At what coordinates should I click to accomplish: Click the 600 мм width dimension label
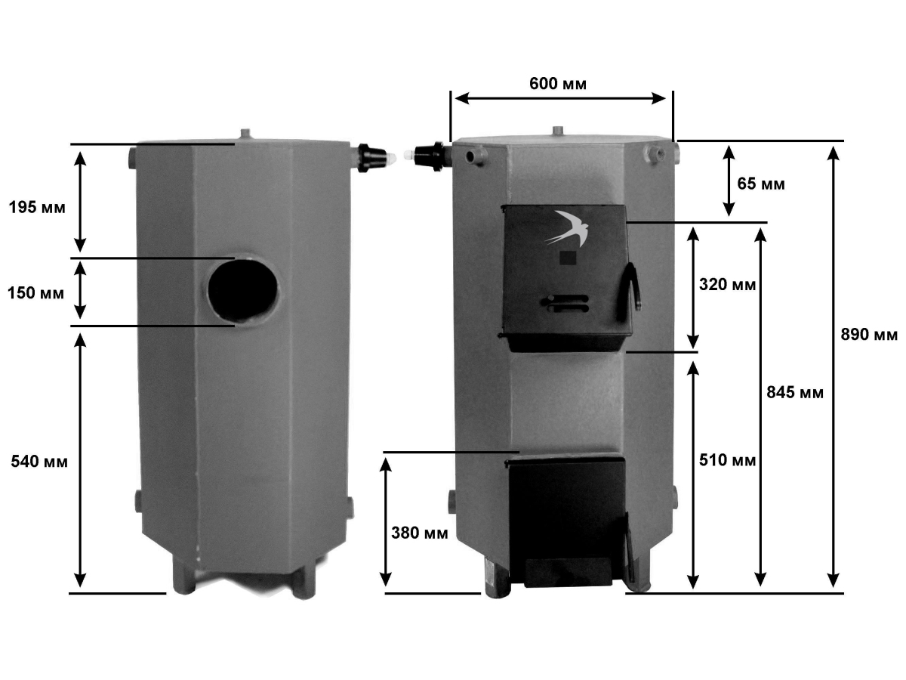pos(558,84)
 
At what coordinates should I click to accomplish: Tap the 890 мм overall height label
pos(869,335)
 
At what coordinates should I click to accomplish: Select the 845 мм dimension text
pos(795,392)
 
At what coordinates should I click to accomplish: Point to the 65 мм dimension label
pos(761,184)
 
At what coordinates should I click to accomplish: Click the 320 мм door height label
pos(727,285)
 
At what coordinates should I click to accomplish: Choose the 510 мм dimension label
pos(727,460)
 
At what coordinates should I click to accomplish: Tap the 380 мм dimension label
pos(419,533)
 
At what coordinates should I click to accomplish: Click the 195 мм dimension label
pos(37,207)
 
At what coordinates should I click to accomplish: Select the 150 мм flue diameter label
pos(36,293)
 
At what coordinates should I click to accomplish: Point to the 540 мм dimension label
pos(39,461)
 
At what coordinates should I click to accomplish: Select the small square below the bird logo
pos(568,258)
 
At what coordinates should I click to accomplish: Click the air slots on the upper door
pos(565,303)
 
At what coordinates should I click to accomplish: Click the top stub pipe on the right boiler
pos(559,131)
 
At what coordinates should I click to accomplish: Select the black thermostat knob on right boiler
pos(430,156)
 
